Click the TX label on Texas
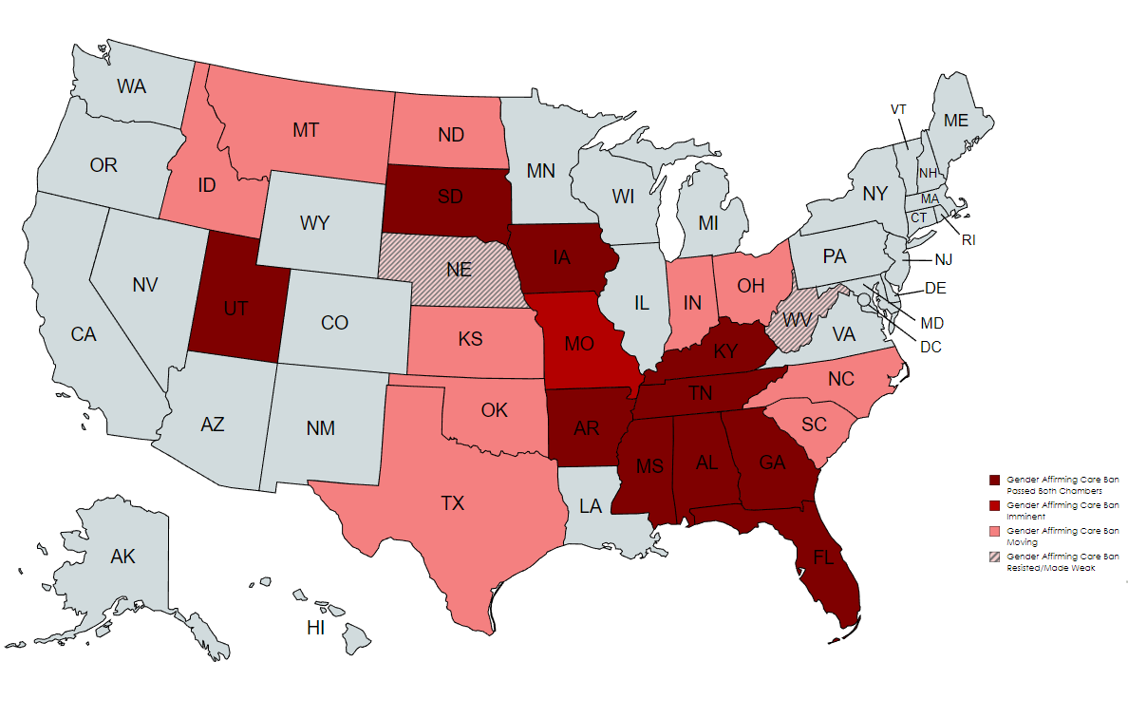(453, 503)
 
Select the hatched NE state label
(460, 270)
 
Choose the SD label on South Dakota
(450, 198)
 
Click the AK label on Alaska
(122, 557)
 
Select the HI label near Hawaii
(316, 628)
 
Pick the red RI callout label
(968, 240)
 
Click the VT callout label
(898, 109)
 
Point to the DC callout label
(931, 348)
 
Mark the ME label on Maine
(956, 121)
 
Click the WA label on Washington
(132, 86)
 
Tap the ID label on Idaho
(207, 185)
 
